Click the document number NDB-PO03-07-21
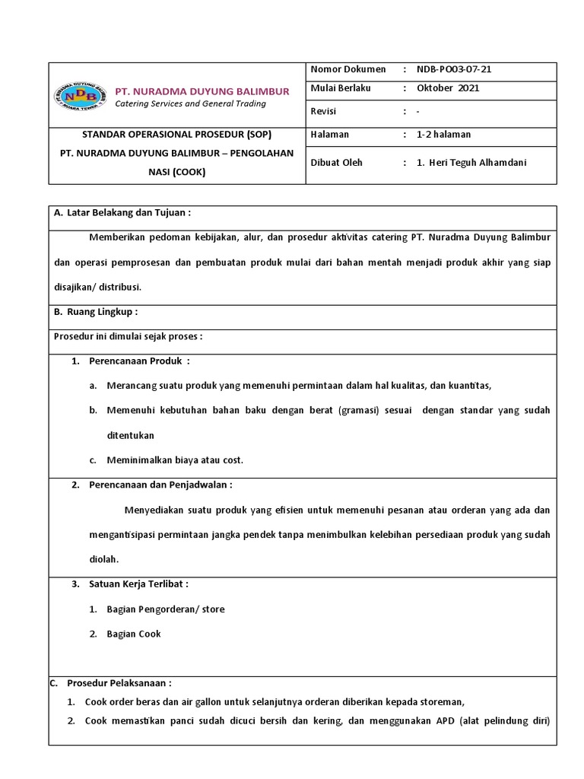454,69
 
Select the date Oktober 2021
448,88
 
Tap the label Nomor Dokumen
348,69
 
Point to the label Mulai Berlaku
341,88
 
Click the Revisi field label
323,111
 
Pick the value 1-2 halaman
443,135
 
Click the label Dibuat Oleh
337,162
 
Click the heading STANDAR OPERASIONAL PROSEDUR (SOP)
176,135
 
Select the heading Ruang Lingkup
102,312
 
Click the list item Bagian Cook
134,634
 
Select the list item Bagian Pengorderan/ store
166,609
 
